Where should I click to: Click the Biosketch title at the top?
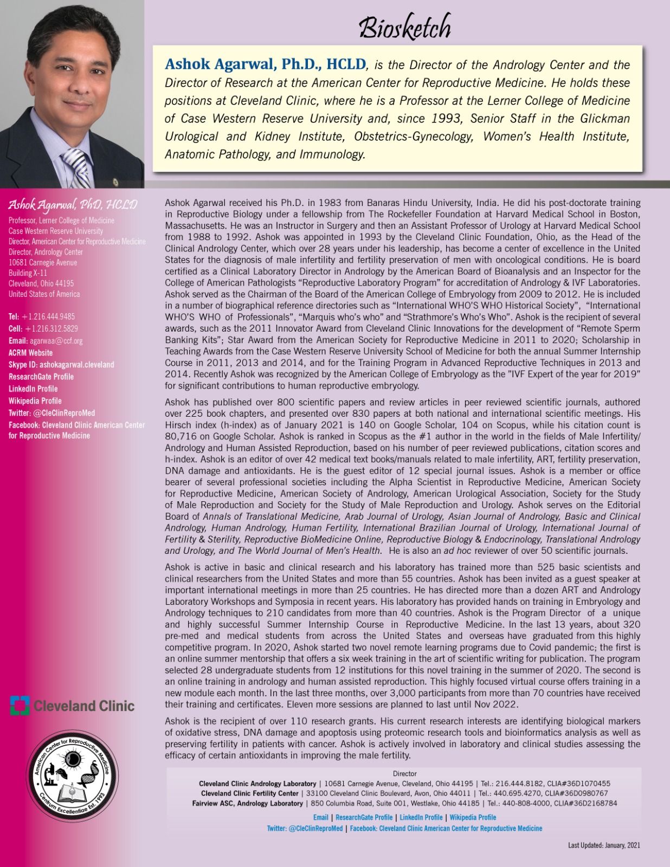[x=405, y=27]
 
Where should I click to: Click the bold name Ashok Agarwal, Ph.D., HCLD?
[x=265, y=64]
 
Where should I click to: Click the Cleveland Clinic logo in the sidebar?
[x=72, y=706]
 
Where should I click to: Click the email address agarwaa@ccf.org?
[x=56, y=341]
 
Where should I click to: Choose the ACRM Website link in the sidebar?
[x=30, y=353]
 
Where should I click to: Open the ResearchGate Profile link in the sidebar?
[x=41, y=377]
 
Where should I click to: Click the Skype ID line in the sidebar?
[x=61, y=365]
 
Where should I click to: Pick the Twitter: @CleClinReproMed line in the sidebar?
[x=51, y=413]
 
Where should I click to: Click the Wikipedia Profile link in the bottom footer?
[x=473, y=817]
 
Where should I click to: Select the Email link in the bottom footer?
[x=321, y=817]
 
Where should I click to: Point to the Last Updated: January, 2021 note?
[x=604, y=845]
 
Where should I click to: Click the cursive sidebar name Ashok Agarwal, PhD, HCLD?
[x=72, y=205]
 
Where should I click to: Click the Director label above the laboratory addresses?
[x=404, y=774]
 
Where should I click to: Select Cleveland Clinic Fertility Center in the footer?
[x=249, y=793]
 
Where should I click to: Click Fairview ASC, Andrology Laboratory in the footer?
[x=247, y=803]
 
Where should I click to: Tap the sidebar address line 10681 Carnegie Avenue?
[x=43, y=262]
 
